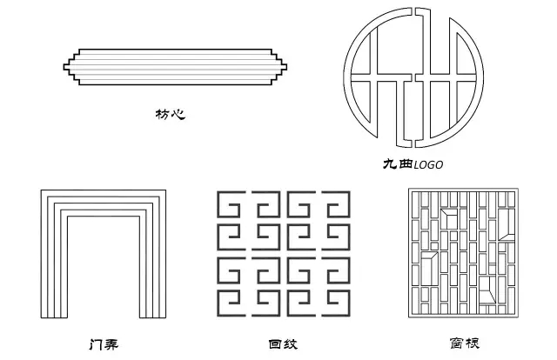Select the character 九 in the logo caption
(x=389, y=164)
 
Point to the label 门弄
(x=104, y=344)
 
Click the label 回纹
(x=285, y=344)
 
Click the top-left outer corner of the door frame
(x=42, y=190)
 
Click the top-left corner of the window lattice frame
(x=410, y=190)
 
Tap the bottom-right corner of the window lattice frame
(x=519, y=319)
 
